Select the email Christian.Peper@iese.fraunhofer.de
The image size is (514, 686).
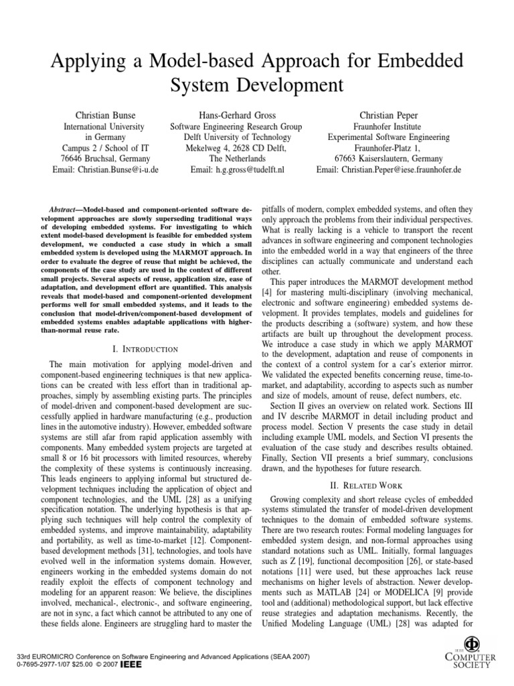pos(389,170)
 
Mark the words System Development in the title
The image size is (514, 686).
pos(257,86)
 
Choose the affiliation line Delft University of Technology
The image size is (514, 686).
pos(236,137)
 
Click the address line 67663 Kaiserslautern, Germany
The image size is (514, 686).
pos(389,159)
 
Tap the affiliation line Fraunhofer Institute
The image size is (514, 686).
pos(389,126)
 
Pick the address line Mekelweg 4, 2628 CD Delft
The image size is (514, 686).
pos(236,148)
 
